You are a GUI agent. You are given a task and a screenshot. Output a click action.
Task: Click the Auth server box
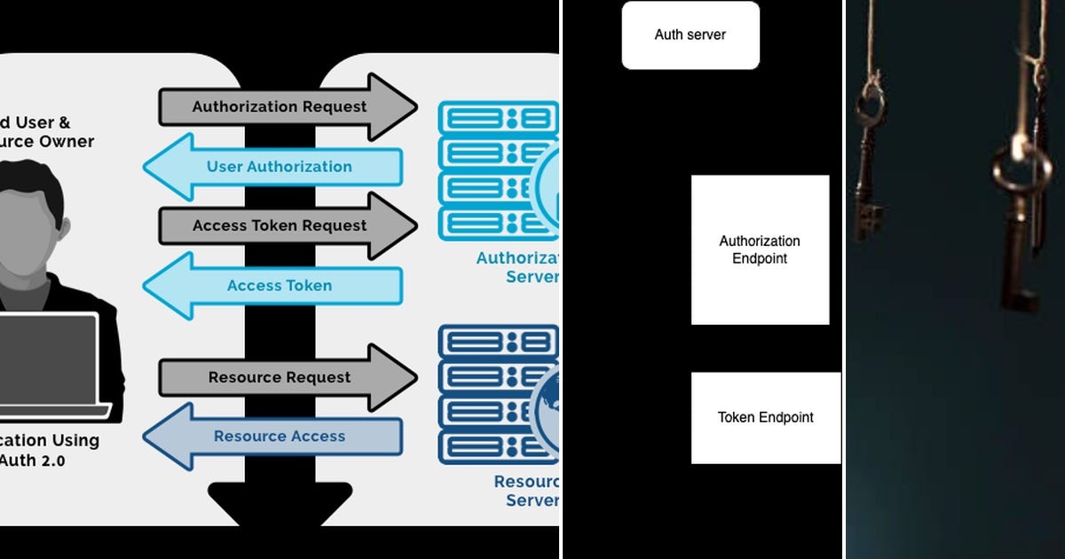(x=690, y=35)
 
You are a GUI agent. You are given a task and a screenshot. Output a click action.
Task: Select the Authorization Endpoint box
(x=760, y=249)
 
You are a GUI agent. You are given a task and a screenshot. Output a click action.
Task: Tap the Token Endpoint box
(x=765, y=417)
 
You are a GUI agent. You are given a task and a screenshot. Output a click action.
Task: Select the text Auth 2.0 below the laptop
(x=34, y=461)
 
